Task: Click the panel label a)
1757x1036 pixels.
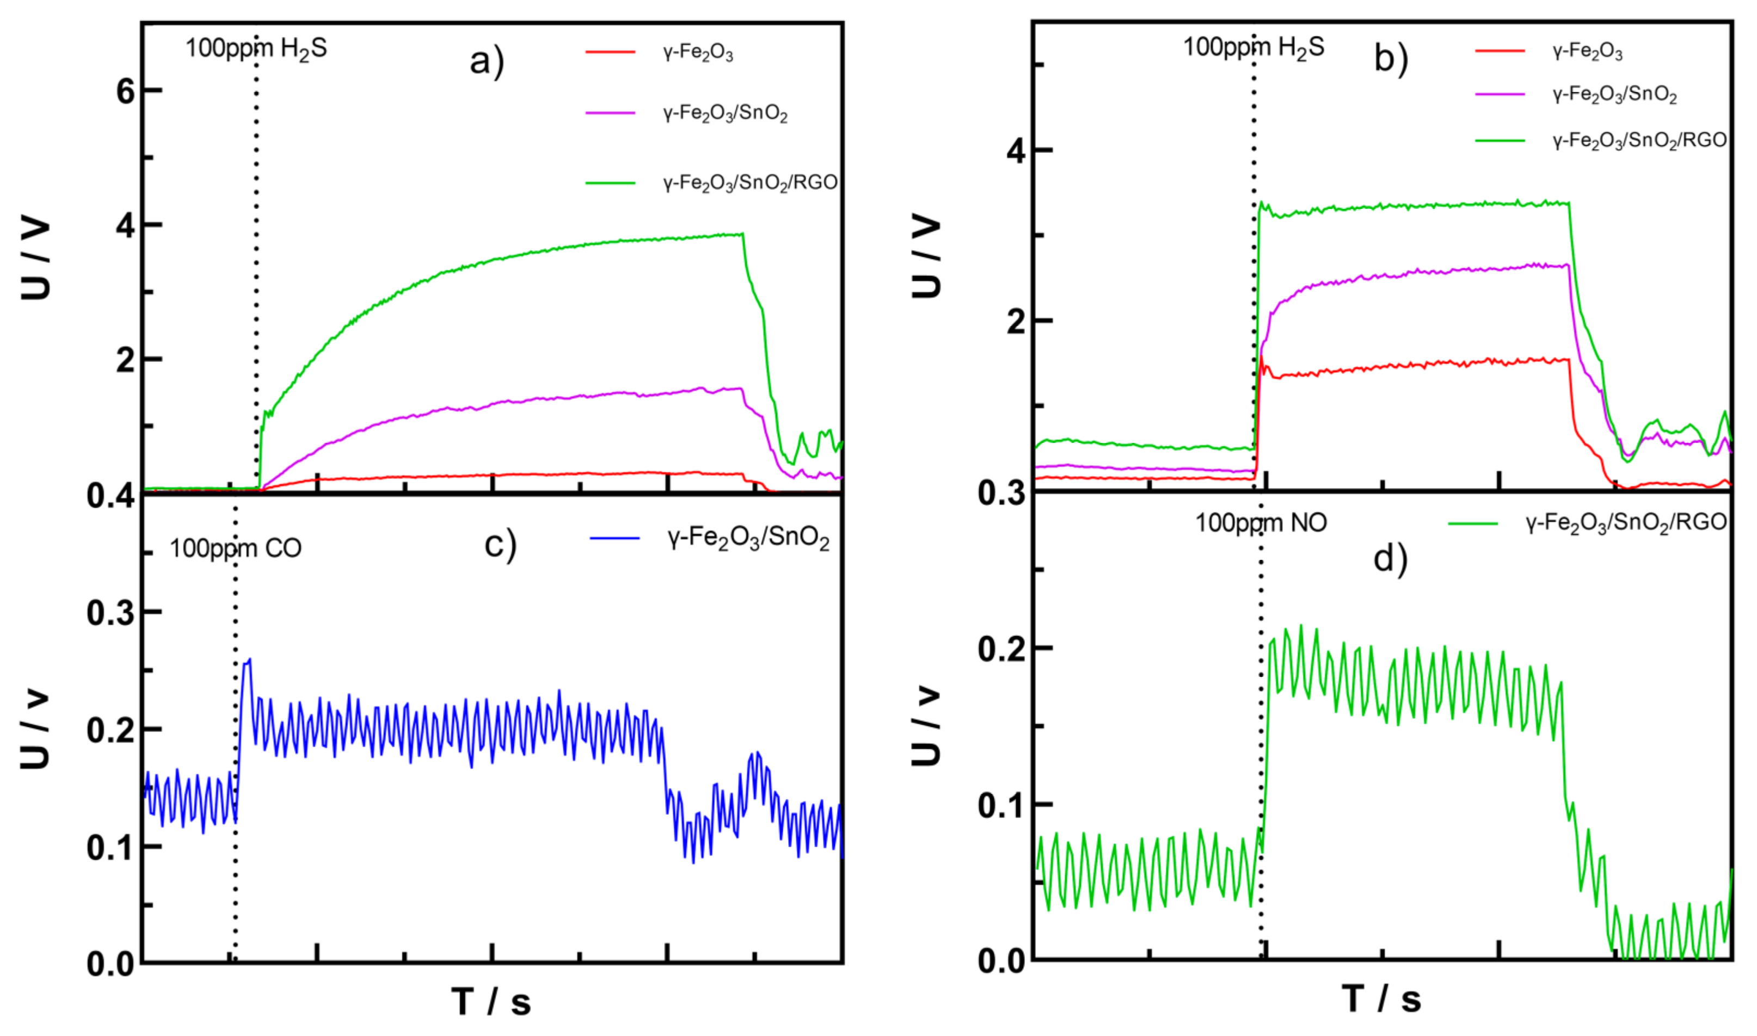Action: pos(487,61)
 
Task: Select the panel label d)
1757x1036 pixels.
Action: pos(1390,558)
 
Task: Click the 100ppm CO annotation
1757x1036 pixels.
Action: pos(235,548)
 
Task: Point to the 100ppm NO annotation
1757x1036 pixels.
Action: pos(1261,523)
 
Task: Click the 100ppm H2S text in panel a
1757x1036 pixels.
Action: pos(256,49)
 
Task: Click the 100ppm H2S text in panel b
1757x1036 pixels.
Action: pos(1254,47)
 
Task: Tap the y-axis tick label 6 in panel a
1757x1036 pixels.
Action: pos(126,91)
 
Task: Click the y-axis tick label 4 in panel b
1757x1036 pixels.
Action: pos(1016,151)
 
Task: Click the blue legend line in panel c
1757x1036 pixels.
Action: pos(615,538)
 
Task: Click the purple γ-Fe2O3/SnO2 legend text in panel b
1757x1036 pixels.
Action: pos(1614,94)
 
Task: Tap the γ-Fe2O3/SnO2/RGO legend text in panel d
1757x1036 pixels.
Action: pos(1626,523)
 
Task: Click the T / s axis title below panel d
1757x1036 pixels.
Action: pos(1381,999)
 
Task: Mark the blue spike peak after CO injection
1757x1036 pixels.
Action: pos(249,659)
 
